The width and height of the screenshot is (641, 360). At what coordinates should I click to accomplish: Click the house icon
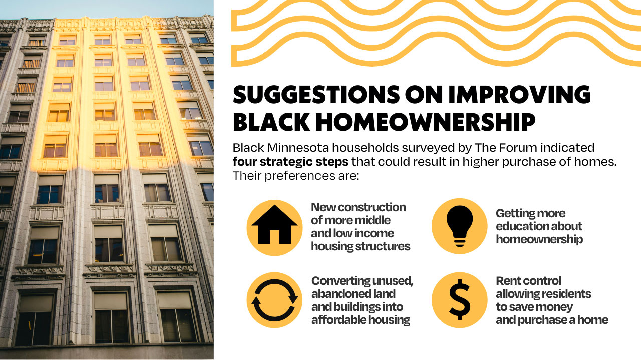(x=274, y=225)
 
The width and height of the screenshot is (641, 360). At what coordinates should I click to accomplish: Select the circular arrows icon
(x=274, y=300)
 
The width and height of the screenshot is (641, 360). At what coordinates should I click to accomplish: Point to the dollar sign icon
(x=460, y=299)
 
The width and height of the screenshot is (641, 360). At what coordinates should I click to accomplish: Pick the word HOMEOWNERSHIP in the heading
(x=425, y=122)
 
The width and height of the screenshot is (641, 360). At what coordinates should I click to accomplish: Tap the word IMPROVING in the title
(x=519, y=94)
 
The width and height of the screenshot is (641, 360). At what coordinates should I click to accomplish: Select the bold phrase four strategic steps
(x=290, y=162)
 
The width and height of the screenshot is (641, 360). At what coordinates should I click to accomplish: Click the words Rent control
(x=528, y=281)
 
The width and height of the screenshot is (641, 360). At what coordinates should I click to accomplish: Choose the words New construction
(x=358, y=207)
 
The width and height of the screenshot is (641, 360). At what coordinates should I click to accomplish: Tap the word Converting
(x=336, y=281)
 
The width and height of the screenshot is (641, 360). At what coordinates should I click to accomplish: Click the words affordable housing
(x=361, y=320)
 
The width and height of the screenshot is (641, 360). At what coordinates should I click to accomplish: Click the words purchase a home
(x=563, y=320)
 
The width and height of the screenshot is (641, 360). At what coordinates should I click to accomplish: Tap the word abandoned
(x=336, y=294)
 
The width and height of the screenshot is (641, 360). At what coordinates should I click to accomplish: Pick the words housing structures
(x=361, y=246)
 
